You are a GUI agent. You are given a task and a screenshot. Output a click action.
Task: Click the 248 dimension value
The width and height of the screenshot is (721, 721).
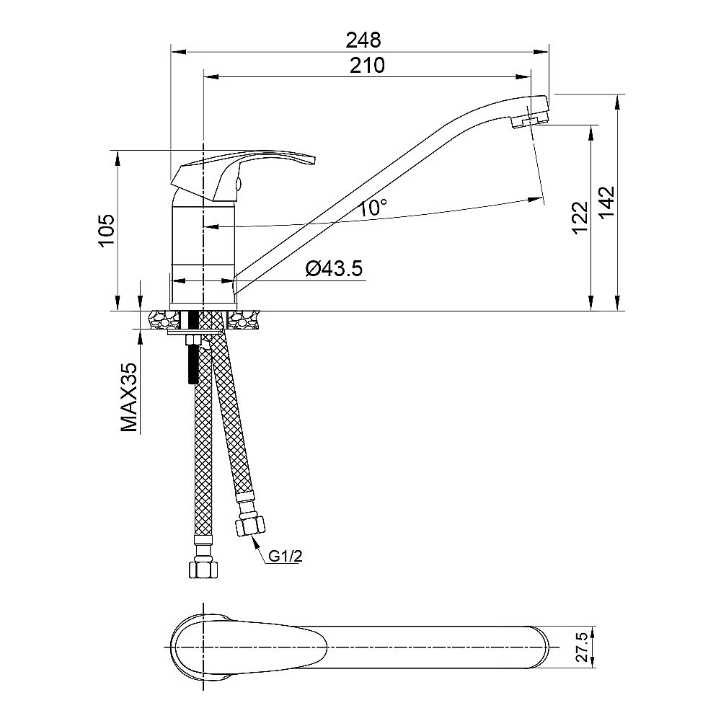pos(363,40)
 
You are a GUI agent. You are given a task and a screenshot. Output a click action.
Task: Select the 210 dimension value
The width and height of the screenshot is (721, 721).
pos(367,66)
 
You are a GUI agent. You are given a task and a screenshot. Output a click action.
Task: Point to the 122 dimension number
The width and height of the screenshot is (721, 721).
pos(580,218)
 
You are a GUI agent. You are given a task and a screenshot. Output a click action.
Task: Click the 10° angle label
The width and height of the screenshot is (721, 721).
pos(373,208)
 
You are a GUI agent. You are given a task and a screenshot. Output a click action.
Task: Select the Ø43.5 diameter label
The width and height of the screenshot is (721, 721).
pos(335,268)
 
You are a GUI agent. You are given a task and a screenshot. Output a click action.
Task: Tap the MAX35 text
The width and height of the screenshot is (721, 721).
pos(129,397)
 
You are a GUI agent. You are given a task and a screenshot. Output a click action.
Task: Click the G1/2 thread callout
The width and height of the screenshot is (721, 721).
pos(285,557)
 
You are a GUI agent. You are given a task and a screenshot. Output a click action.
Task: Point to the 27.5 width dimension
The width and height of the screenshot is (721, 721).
pos(582,647)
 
